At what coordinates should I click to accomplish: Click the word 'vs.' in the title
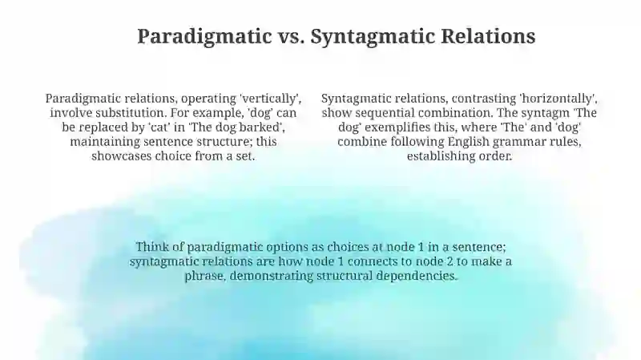coord(291,36)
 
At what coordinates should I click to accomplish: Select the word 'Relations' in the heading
coord(488,36)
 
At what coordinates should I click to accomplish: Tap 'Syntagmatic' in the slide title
coord(373,37)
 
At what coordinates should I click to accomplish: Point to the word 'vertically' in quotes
coord(271,99)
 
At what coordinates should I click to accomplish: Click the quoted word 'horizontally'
coord(558,99)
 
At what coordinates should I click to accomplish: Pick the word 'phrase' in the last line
coord(205,276)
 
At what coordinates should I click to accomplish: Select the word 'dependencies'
coord(417,276)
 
